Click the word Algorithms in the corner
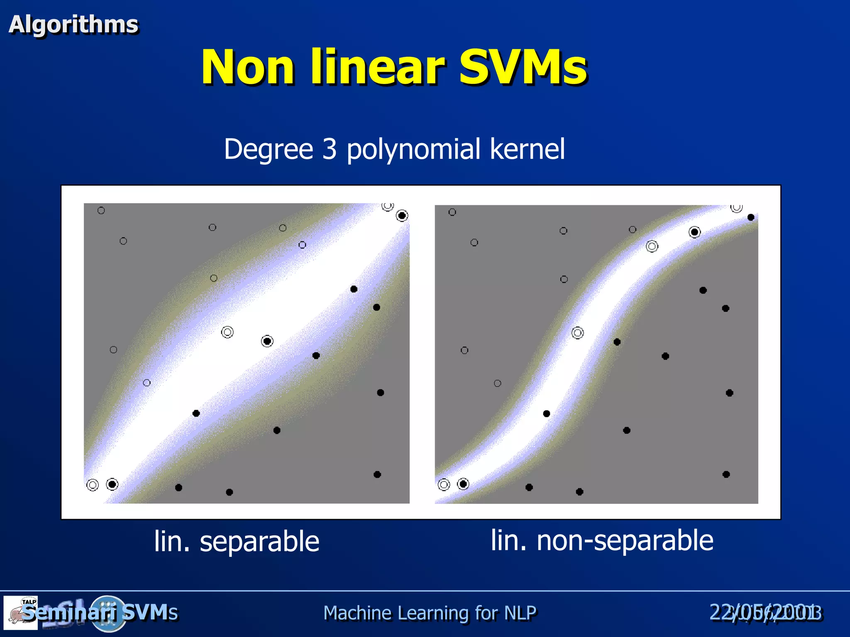(73, 24)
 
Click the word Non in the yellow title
(248, 67)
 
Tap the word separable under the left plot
(259, 542)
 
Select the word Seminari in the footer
(69, 613)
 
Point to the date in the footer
(765, 613)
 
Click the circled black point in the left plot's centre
(267, 341)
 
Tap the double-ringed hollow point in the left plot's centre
(227, 332)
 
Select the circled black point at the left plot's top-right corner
(402, 216)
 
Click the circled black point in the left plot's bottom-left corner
(112, 484)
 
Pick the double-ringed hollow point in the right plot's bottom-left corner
(444, 484)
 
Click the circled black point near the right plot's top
(694, 232)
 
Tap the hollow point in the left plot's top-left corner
(101, 211)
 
